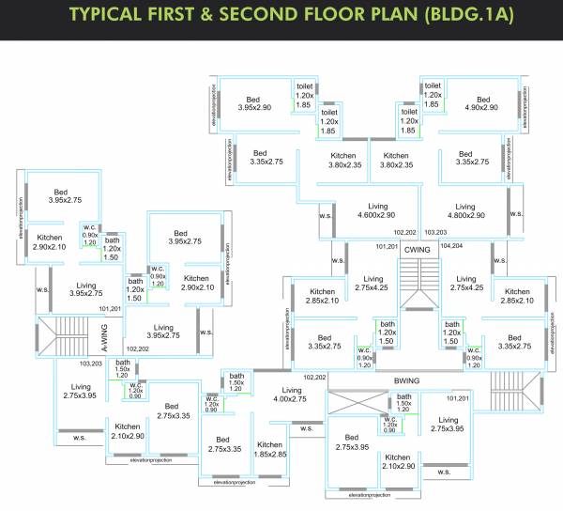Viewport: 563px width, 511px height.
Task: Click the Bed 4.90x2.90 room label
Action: (481, 104)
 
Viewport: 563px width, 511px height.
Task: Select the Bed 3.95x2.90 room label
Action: (253, 104)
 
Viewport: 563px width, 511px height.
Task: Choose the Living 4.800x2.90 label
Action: (466, 211)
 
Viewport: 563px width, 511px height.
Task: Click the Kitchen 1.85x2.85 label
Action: (270, 450)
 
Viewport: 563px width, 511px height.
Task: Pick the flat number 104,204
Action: (452, 245)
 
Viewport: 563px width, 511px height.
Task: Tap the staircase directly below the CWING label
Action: (414, 283)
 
